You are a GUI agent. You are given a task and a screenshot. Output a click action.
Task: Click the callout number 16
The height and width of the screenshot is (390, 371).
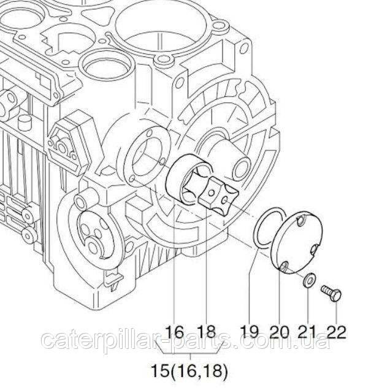[x=174, y=331]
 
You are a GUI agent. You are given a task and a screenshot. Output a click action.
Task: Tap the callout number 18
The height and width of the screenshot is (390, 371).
[x=207, y=331]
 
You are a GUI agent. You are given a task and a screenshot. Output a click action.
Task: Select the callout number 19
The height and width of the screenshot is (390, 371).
[x=249, y=331]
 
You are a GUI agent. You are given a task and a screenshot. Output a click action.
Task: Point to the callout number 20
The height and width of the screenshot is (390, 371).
[x=280, y=331]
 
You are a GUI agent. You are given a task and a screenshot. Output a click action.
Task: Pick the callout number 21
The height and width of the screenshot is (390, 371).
[x=307, y=331]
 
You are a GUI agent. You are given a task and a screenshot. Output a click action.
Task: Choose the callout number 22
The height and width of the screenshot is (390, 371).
[x=336, y=331]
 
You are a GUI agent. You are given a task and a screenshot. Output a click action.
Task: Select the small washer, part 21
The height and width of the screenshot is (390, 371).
[x=309, y=280]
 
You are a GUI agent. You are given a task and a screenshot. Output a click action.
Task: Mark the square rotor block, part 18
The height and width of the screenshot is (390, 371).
[x=219, y=196]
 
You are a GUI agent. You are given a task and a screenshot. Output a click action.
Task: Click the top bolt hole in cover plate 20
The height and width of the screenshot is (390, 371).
[x=301, y=221]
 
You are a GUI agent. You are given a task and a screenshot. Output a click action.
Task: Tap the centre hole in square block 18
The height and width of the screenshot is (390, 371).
[x=212, y=193]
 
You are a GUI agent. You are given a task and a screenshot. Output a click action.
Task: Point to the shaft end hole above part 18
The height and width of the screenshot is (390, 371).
[x=241, y=169]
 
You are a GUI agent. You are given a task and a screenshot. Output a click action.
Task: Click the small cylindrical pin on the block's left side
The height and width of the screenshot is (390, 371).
[x=25, y=122]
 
